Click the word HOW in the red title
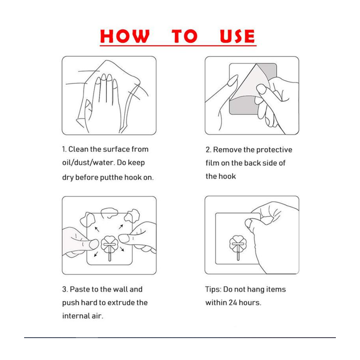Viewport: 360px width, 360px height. [125, 36]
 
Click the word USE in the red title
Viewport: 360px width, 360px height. [237, 36]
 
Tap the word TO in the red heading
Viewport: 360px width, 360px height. [185, 36]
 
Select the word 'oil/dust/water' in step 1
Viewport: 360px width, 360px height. [88, 163]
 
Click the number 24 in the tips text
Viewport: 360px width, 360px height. [233, 302]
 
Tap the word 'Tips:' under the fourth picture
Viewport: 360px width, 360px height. [213, 289]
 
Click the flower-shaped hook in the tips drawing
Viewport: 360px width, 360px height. [238, 247]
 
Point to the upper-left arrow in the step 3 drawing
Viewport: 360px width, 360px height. [97, 229]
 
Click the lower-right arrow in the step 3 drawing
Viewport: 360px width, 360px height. [122, 249]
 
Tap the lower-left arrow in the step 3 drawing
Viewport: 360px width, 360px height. [96, 254]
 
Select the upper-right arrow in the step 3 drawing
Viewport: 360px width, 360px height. [121, 227]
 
